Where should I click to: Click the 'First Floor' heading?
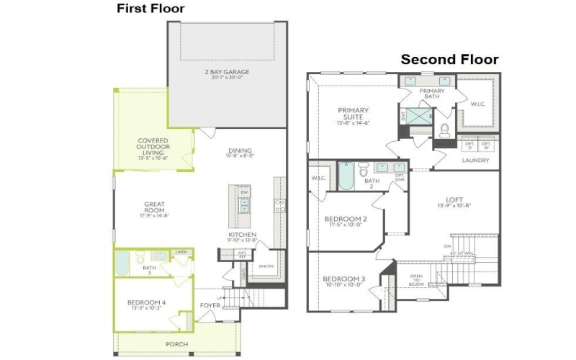pyautogui.click(x=150, y=9)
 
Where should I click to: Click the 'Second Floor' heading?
pyautogui.click(x=449, y=60)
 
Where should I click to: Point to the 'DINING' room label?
pyautogui.click(x=240, y=151)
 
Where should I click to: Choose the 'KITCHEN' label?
pyautogui.click(x=242, y=235)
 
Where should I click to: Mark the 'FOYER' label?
pyautogui.click(x=210, y=306)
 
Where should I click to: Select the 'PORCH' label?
pyautogui.click(x=176, y=344)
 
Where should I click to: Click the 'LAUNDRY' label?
pyautogui.click(x=476, y=161)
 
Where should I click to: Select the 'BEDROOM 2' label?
pyautogui.click(x=346, y=221)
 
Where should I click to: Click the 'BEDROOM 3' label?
pyautogui.click(x=343, y=281)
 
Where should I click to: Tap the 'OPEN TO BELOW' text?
pyautogui.click(x=417, y=280)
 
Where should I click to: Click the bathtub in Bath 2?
pyautogui.click(x=346, y=176)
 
